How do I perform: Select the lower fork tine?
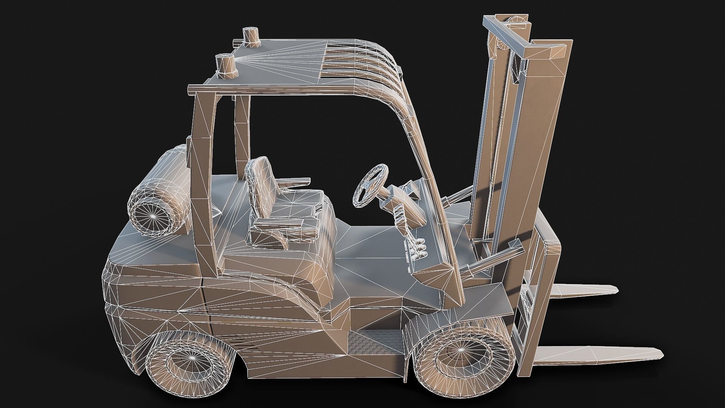[597, 353]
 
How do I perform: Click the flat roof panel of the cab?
[272, 72]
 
